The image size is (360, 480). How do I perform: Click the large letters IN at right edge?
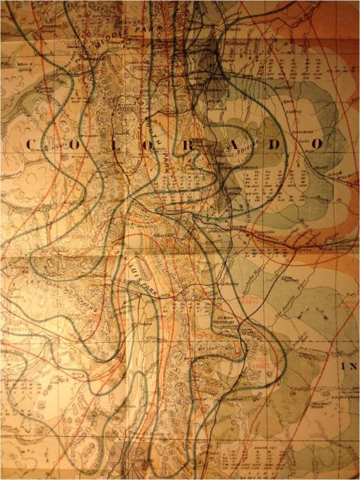click(350, 367)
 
